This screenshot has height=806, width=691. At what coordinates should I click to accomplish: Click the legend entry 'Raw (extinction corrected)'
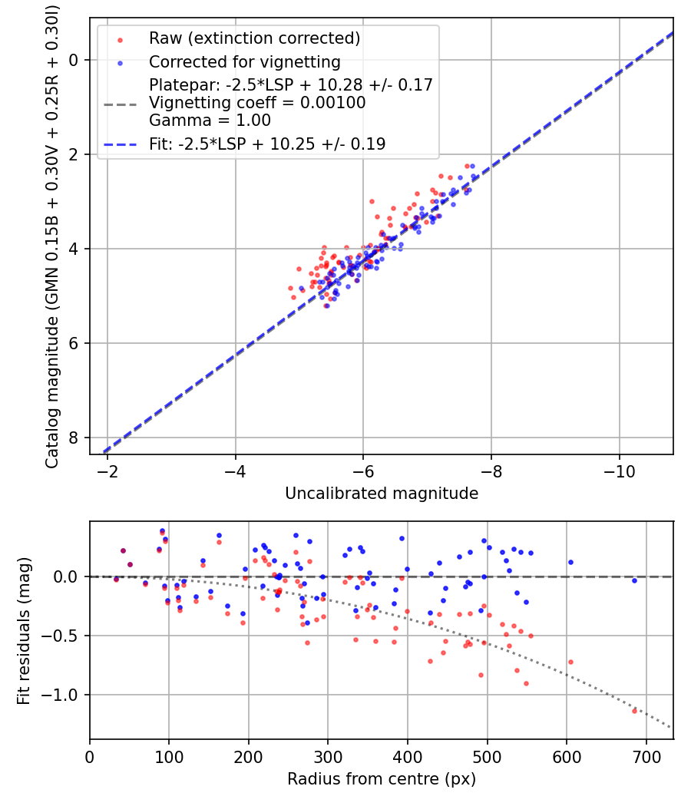(254, 38)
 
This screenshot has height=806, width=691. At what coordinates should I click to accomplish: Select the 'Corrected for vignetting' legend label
(245, 61)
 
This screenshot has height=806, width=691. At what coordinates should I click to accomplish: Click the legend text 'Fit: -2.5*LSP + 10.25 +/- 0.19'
(267, 144)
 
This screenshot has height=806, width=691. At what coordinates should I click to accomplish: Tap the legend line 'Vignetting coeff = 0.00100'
(257, 102)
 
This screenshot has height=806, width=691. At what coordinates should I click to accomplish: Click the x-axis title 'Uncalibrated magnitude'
(382, 494)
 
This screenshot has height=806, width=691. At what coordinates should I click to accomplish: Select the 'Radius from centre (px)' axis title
(382, 779)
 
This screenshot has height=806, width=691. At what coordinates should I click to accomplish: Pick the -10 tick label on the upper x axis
(619, 471)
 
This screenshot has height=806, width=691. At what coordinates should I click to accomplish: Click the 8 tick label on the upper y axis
(74, 438)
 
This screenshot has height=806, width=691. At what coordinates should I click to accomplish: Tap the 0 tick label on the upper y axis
(74, 60)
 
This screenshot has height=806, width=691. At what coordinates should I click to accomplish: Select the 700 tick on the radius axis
(646, 756)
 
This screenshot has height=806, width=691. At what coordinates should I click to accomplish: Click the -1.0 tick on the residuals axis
(64, 695)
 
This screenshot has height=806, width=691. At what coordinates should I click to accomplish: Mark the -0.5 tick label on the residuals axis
(64, 636)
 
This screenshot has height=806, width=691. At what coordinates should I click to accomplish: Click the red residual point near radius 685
(634, 711)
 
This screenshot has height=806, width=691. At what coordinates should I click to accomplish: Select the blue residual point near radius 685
(634, 580)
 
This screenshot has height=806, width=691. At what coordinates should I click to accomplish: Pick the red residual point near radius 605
(570, 662)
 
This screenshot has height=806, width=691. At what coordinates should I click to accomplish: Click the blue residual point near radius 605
(570, 562)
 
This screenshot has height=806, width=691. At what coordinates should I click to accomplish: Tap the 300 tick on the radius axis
(328, 756)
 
